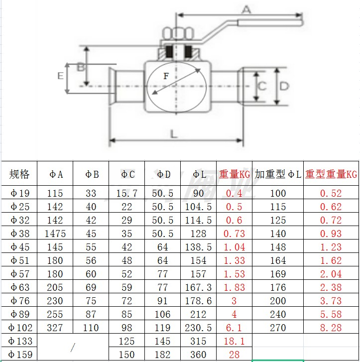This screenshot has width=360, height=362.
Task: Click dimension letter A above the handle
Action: click(x=246, y=9)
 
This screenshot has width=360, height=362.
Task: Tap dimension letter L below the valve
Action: click(x=173, y=134)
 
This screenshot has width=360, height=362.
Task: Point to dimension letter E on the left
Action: click(x=61, y=76)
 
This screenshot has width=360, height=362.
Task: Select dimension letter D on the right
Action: click(x=284, y=86)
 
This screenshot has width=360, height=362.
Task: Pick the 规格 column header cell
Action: click(x=19, y=174)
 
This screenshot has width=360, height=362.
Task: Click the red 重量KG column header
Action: click(x=235, y=174)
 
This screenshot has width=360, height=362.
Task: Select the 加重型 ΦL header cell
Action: click(x=278, y=174)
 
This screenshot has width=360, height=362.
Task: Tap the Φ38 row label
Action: click(x=19, y=234)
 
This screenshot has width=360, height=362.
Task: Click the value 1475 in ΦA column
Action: click(x=55, y=234)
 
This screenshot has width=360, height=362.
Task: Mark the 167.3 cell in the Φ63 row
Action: click(x=198, y=287)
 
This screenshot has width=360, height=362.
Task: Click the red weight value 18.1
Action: click(x=234, y=341)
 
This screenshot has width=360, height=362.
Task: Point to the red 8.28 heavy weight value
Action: click(x=331, y=328)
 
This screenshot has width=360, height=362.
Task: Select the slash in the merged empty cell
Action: click(x=73, y=347)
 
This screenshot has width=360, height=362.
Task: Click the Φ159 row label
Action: click(x=20, y=355)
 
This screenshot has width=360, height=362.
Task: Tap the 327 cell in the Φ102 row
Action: click(x=55, y=328)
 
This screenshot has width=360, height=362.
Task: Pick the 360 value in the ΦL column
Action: click(x=198, y=355)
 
